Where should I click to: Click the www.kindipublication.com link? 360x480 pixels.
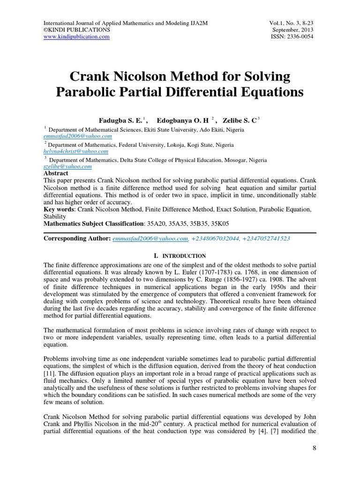pyautogui.click(x=76, y=37)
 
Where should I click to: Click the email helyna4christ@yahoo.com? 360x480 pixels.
pyautogui.click(x=76, y=151)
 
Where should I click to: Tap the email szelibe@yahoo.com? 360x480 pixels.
pyautogui.click(x=67, y=166)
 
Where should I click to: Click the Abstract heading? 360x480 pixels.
pyautogui.click(x=56, y=173)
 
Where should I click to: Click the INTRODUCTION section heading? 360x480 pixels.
pyautogui.click(x=184, y=256)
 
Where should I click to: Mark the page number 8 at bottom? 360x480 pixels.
pyautogui.click(x=315, y=448)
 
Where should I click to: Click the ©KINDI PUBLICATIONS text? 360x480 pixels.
pyautogui.click(x=77, y=30)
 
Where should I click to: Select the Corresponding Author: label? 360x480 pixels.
pyautogui.click(x=77, y=239)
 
